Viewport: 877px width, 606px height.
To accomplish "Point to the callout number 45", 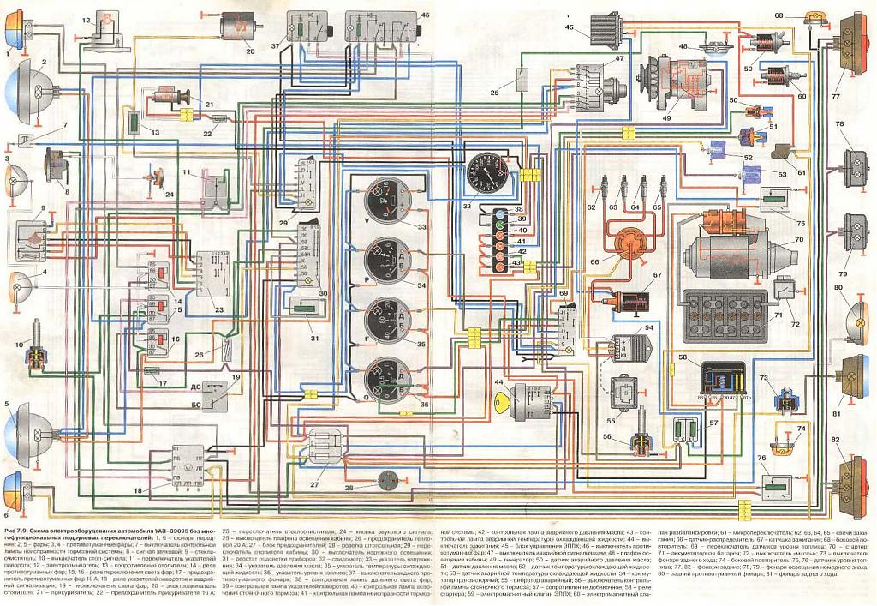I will click(x=569, y=28).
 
